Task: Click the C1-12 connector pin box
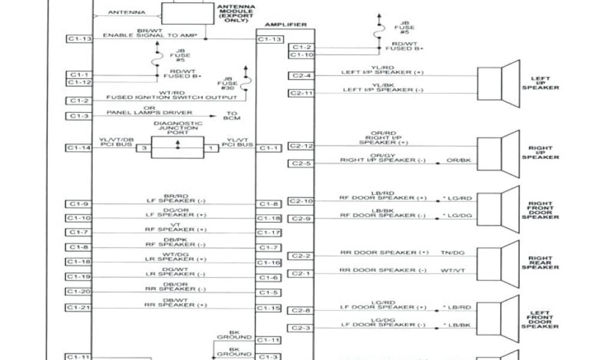(79, 82)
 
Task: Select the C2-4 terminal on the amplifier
(300, 76)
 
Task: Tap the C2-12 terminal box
(301, 146)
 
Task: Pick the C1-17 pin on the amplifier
(269, 232)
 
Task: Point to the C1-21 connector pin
(79, 307)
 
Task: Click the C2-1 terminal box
(300, 274)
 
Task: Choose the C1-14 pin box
(79, 147)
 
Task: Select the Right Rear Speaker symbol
(498, 262)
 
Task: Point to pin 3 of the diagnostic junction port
(144, 147)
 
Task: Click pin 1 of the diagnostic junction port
(210, 147)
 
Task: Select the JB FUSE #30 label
(228, 82)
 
